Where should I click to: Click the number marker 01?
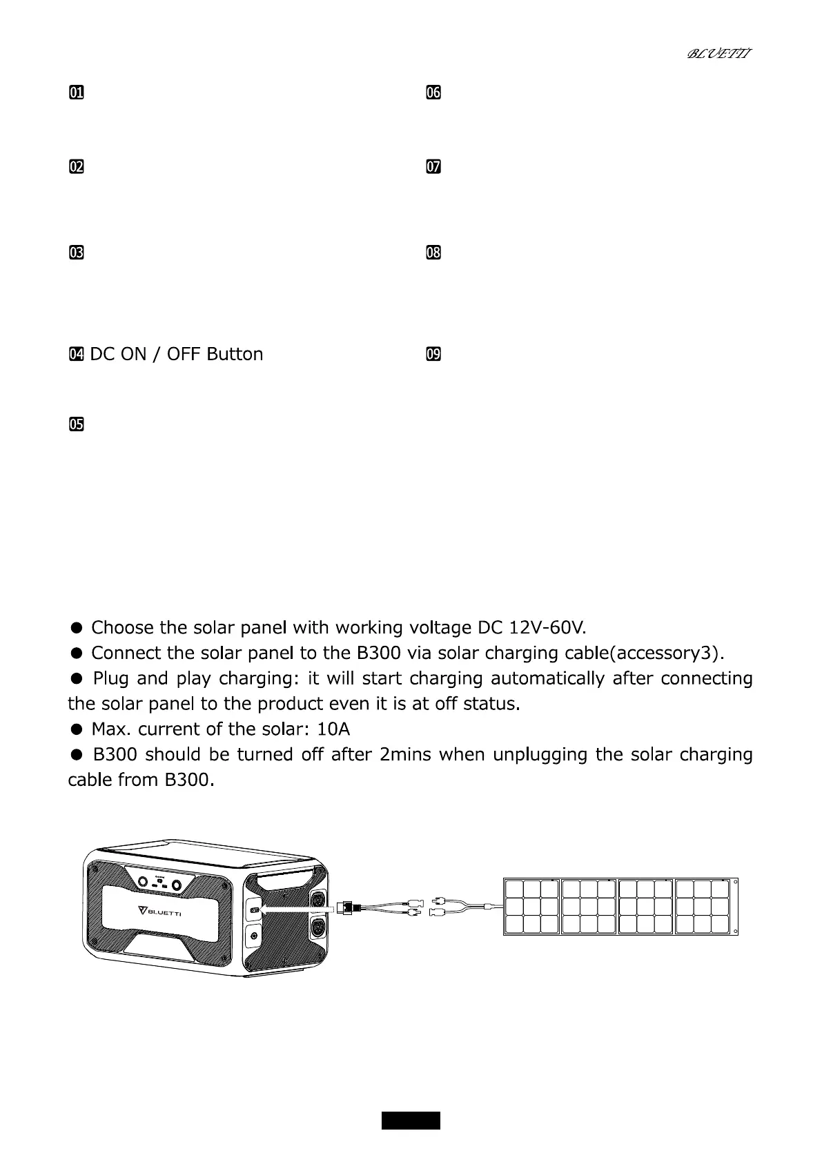(76, 92)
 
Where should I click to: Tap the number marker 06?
(433, 92)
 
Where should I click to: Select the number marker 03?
(76, 253)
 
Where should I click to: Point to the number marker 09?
(433, 355)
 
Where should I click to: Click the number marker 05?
(76, 424)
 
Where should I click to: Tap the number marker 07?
(433, 167)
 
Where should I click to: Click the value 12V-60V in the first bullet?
(547, 628)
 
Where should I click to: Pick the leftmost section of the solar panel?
(532, 907)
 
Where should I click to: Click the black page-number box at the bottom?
(411, 1119)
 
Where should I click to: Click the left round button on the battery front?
(142, 883)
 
